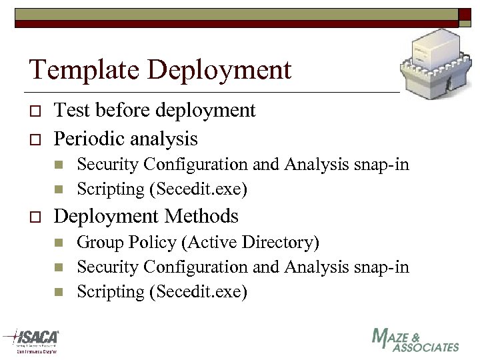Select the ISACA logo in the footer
point(31,341)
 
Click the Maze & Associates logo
point(415,339)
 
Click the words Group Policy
point(127,242)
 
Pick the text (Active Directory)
point(250,242)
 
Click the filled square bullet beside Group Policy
point(59,243)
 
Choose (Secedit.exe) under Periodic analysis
point(198,189)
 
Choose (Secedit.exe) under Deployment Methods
point(198,292)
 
